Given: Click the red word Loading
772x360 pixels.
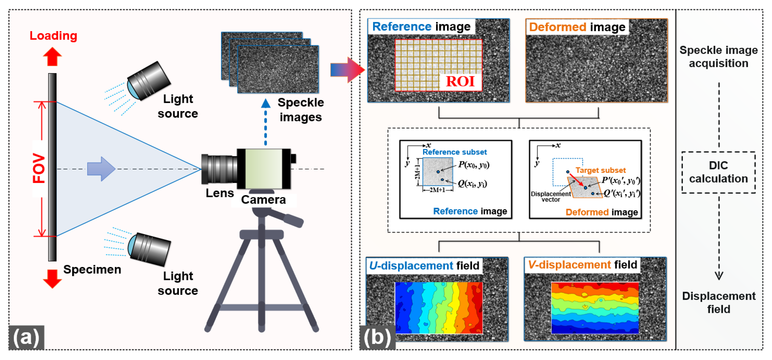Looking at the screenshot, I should [x=53, y=36].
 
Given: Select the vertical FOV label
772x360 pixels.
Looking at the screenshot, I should [x=39, y=168].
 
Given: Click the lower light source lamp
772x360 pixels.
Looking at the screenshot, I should [x=149, y=249].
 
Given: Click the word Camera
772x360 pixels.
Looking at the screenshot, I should [x=263, y=200].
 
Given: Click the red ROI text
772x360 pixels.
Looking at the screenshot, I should [x=460, y=81].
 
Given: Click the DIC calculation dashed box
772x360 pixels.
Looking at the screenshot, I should [x=718, y=172].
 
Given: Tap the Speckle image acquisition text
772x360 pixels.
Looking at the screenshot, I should [x=718, y=57].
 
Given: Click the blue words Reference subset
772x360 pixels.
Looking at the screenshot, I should [x=454, y=152].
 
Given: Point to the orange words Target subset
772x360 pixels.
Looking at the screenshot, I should [x=600, y=170].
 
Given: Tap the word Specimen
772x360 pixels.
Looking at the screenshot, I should [x=92, y=269].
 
